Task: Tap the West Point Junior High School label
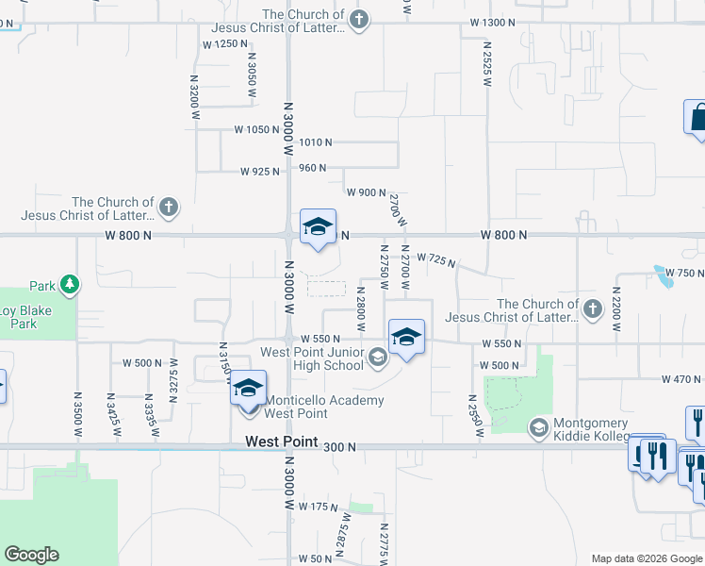click(311, 358)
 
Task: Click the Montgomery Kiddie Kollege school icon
click(538, 427)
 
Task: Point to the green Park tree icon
click(69, 284)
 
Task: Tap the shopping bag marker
click(697, 118)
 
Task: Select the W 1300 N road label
click(493, 22)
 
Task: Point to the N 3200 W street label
click(195, 96)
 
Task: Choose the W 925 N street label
click(260, 172)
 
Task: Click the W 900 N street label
click(367, 192)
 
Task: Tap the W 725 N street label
click(435, 259)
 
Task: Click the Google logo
click(31, 555)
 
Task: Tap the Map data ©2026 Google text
click(647, 558)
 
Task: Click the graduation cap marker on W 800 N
click(319, 226)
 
